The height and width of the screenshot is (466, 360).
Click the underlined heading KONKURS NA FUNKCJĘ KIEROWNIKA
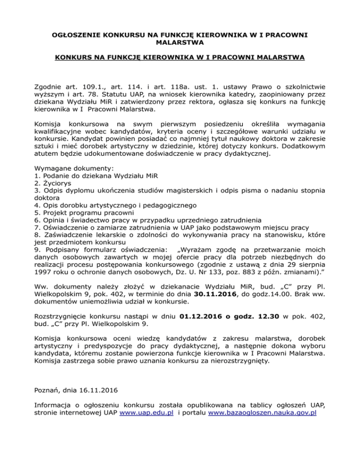pyautogui.click(x=180, y=58)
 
